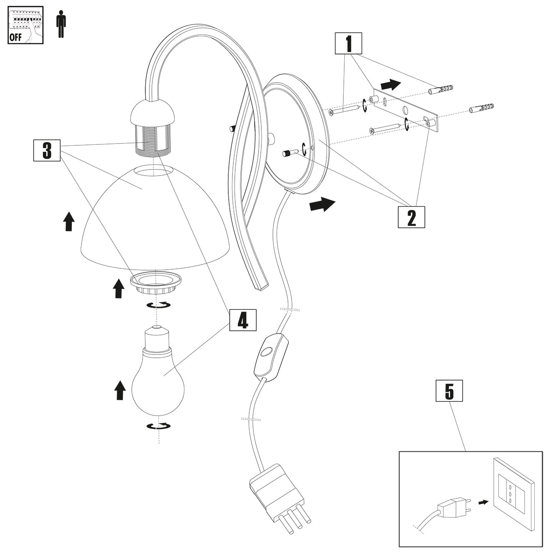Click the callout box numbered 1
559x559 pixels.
coord(348,45)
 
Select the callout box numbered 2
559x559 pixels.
coord(411,217)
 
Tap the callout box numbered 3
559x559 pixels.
coord(47,150)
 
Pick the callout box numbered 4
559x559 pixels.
coord(243,320)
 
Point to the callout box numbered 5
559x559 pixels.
coord(449,391)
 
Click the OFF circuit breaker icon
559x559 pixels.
coord(26,25)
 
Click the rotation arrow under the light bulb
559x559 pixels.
coord(158,426)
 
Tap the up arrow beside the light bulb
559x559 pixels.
coord(120,390)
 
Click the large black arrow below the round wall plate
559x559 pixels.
coord(322,204)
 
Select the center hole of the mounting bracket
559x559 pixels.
coord(405,110)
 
